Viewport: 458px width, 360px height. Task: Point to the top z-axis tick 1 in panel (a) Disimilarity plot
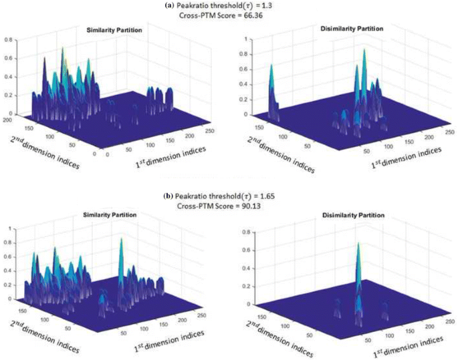tap(249, 39)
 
